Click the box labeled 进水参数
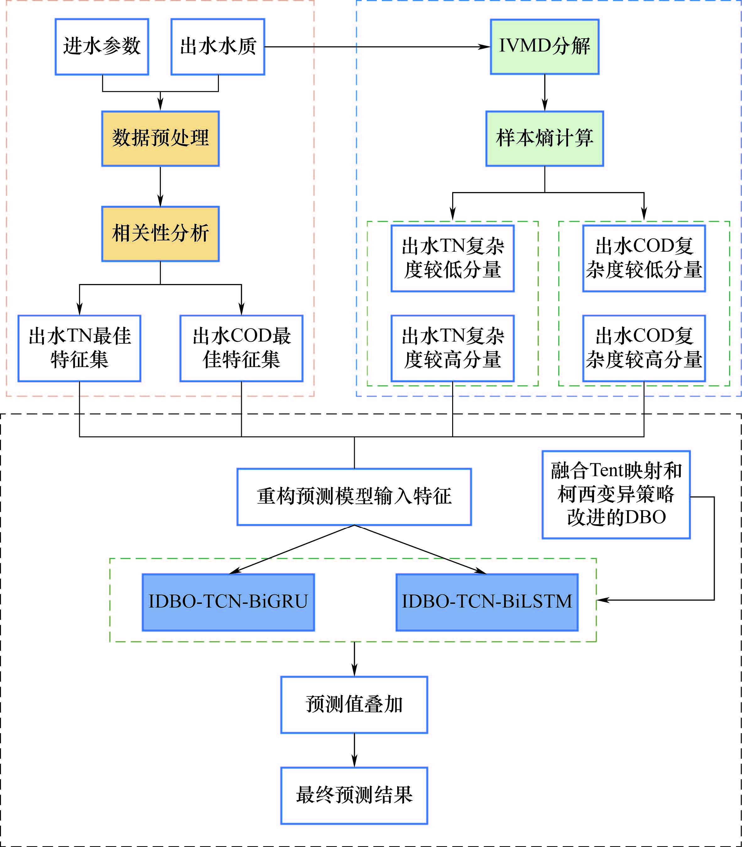[x=102, y=47]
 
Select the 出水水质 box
[x=218, y=47]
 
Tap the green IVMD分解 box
[x=544, y=47]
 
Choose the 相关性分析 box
[x=160, y=234]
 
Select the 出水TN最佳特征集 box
[x=79, y=348]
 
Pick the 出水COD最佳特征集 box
[x=241, y=348]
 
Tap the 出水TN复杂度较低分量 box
[x=452, y=259]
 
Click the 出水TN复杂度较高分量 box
[x=452, y=348]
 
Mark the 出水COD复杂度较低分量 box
[x=644, y=259]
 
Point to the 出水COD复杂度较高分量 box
[x=644, y=348]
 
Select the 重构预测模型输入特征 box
[x=354, y=496]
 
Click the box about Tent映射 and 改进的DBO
[x=616, y=495]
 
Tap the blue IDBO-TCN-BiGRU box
[x=228, y=602]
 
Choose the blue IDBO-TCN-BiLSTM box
[x=487, y=602]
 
